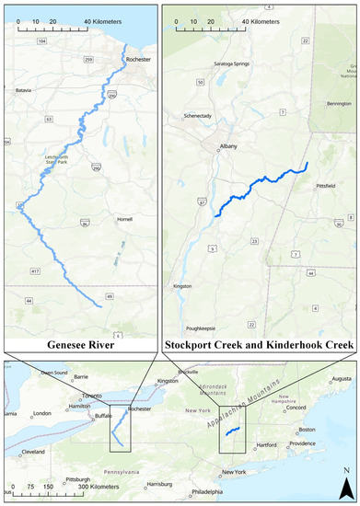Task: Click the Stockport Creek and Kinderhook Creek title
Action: click(259, 346)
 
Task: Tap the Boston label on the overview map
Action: click(306, 430)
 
